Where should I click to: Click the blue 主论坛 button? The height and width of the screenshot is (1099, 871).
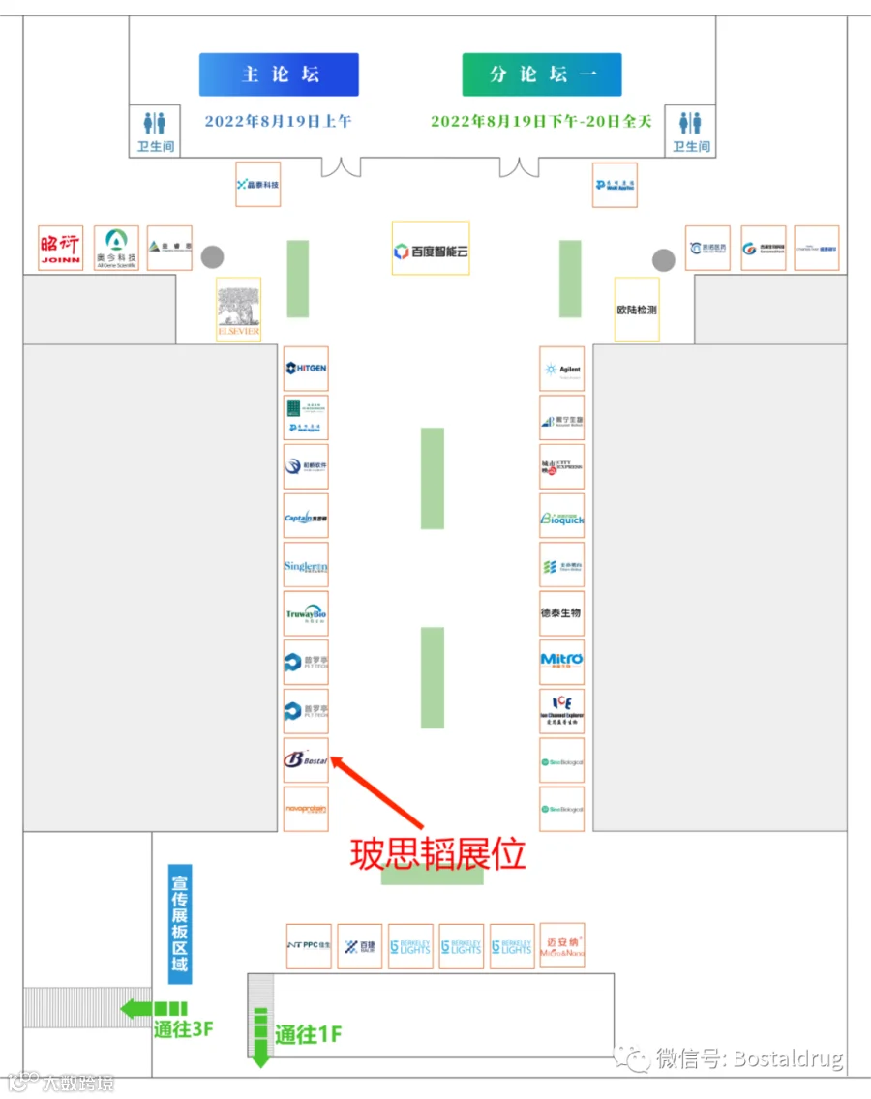[x=279, y=74]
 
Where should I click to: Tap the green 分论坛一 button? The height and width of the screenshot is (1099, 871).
[x=542, y=74]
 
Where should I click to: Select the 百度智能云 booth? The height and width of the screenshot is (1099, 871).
[x=431, y=249]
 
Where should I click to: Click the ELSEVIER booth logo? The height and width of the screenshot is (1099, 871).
[x=238, y=310]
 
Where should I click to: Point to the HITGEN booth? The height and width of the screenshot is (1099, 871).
[x=307, y=369]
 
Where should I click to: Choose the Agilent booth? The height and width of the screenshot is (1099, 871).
[x=562, y=369]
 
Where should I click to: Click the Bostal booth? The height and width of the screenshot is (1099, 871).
[x=307, y=760]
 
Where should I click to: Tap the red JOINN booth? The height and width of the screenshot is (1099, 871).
[x=61, y=248]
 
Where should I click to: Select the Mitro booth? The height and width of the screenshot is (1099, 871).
[x=562, y=663]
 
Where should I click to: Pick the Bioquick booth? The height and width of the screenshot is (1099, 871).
[x=562, y=517]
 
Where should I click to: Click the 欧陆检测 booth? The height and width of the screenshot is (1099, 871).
[x=637, y=310]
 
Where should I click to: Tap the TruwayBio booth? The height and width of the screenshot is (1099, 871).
[x=307, y=614]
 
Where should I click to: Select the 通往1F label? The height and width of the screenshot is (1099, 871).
[x=309, y=1034]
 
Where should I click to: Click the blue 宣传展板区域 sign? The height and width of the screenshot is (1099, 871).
[x=179, y=924]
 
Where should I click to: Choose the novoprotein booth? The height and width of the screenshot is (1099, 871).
[x=307, y=809]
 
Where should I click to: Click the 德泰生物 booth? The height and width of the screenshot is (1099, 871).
[x=562, y=613]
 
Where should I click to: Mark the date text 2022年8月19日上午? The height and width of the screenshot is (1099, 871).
[x=278, y=122]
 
